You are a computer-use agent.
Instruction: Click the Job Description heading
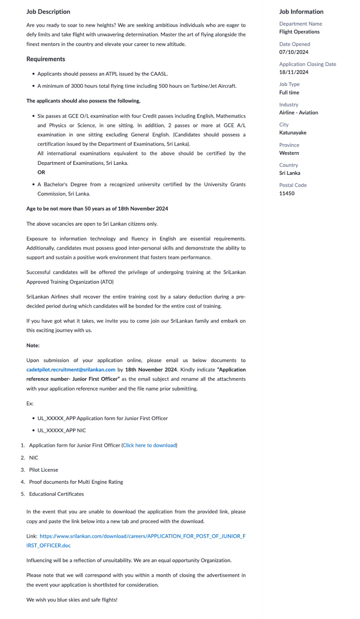click(48, 12)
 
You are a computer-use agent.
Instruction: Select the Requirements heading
click(46, 59)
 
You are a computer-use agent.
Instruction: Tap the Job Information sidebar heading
click(301, 12)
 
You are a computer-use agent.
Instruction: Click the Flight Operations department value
click(299, 32)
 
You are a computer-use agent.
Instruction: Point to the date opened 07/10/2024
click(294, 52)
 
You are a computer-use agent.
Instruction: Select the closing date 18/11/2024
click(294, 72)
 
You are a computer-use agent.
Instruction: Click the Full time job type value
click(289, 92)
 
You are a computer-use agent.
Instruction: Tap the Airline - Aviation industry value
click(298, 112)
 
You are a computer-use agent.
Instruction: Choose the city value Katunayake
click(293, 133)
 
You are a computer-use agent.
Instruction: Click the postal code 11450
click(287, 193)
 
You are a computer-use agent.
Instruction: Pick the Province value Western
click(289, 153)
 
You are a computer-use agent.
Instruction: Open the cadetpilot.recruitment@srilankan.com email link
click(71, 370)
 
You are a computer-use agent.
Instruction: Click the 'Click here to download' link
click(149, 445)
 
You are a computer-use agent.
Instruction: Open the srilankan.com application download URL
click(143, 536)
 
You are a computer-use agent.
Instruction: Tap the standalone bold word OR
click(41, 172)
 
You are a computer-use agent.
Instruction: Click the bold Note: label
click(33, 345)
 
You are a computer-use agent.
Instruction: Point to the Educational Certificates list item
click(56, 494)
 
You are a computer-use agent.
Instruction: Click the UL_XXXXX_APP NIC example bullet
click(62, 431)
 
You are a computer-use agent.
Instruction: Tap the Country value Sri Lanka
click(290, 173)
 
